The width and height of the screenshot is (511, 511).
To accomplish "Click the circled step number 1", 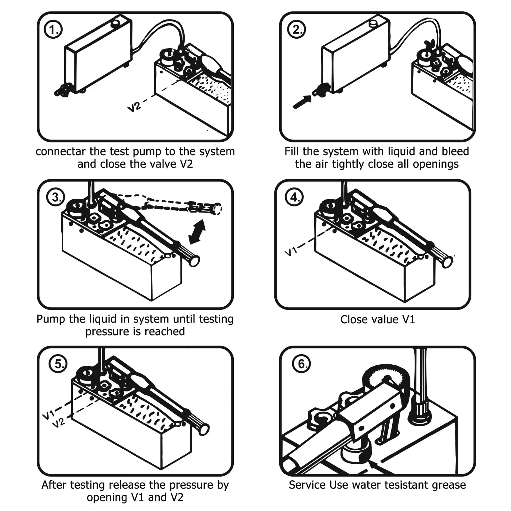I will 53,30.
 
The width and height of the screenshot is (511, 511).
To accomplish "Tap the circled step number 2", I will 297,30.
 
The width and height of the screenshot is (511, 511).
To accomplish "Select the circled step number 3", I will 56,197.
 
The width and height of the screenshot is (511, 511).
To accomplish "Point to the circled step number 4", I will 294,197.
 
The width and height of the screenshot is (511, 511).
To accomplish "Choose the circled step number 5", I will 58,364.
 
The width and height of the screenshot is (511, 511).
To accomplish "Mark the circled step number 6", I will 302,364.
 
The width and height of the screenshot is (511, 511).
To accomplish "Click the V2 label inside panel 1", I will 134,106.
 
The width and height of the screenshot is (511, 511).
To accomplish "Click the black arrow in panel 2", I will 302,102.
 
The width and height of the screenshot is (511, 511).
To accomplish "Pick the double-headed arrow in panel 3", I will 197,232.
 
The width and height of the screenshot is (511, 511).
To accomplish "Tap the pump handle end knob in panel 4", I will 447,262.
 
